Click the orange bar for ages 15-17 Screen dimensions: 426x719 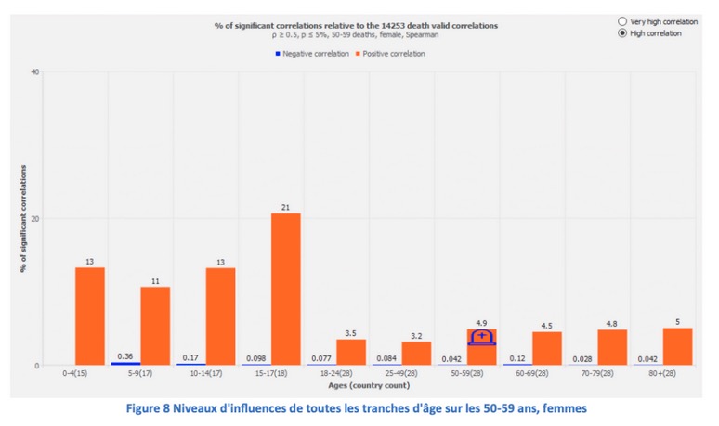click(286, 289)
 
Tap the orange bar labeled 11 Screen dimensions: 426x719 click(155, 326)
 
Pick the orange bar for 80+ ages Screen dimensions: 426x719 click(677, 346)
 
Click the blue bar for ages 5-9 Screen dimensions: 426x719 click(126, 363)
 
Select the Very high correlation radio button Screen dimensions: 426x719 click(622, 20)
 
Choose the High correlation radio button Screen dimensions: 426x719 click(622, 33)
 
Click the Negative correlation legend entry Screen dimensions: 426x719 click(311, 54)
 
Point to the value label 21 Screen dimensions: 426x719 click(286, 207)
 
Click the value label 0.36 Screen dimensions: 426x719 click(124, 356)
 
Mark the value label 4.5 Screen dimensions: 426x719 click(547, 325)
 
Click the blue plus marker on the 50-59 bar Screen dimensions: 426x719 click(481, 336)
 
